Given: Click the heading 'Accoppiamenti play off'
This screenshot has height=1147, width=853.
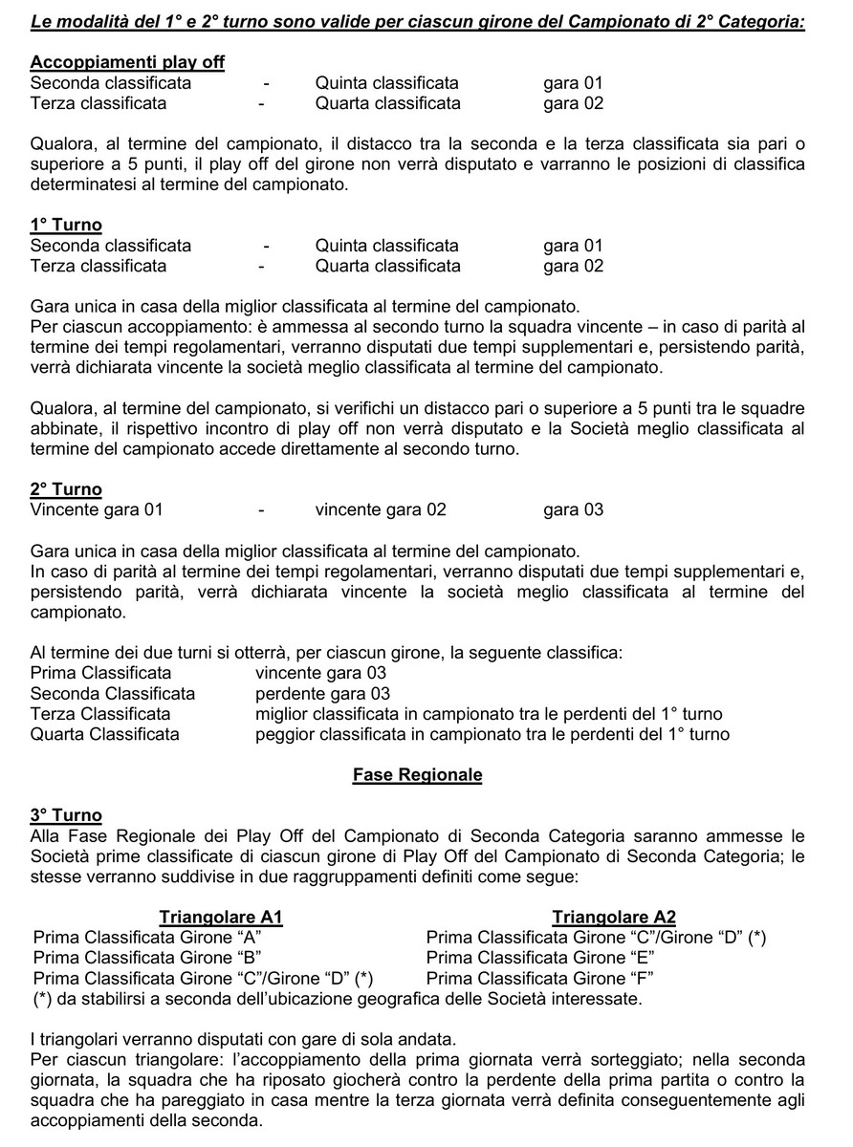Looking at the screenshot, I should coord(127,62).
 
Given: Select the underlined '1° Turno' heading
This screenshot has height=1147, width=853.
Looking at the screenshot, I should coord(66,225).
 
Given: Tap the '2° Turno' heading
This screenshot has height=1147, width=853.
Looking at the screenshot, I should coord(66,489).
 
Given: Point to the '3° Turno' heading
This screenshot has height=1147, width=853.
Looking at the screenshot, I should coord(66,815).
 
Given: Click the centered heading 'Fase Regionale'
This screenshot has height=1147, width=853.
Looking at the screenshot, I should coord(417,775).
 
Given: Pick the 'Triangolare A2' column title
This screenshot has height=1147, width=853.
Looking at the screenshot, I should coord(614,917).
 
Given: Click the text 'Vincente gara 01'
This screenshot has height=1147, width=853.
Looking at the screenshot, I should coord(97,509).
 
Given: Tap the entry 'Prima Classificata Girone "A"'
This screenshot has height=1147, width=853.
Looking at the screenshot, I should coord(147,937).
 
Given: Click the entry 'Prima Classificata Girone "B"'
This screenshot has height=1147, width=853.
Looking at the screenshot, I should coord(147,957).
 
